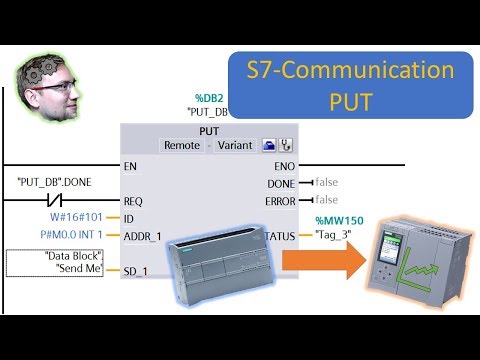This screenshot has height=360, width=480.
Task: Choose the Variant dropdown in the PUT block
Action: pos(236,145)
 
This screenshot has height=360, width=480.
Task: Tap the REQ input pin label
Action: pos(133,201)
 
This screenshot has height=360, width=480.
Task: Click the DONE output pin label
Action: pos(280,183)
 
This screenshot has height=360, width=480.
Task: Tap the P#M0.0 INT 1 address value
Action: pos(73,235)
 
